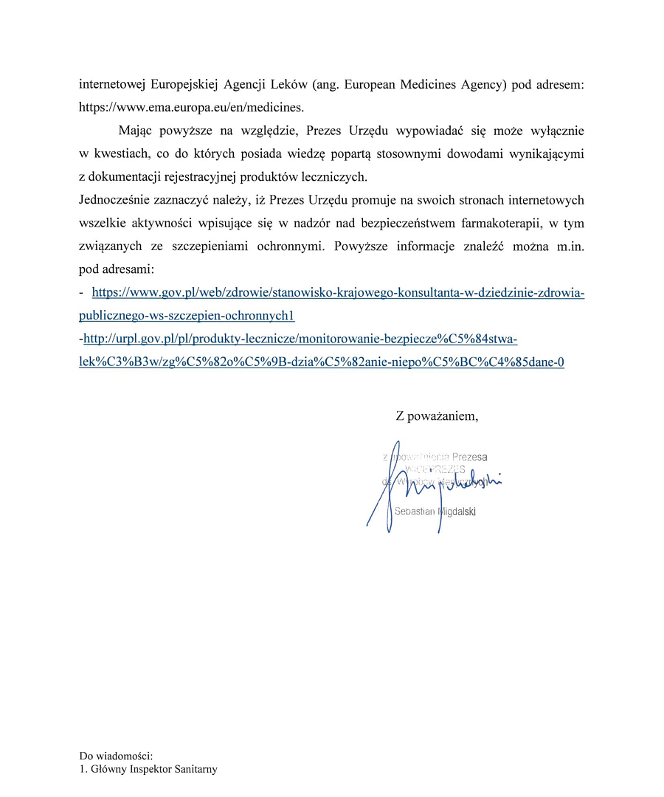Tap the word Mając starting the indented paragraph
tap(138, 132)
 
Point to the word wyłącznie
tap(551, 132)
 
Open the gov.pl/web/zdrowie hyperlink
tap(338, 294)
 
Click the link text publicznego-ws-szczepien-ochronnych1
tap(187, 316)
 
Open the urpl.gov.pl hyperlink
tap(301, 339)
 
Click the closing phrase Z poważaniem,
tap(437, 416)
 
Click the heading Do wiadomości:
tap(116, 756)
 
